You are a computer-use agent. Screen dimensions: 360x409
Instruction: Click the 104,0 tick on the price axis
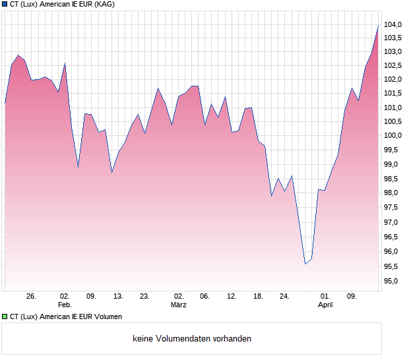pyautogui.click(x=393, y=25)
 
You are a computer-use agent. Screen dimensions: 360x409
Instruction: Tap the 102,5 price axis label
pyautogui.click(x=393, y=65)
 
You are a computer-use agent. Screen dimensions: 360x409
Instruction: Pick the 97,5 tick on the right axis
pyautogui.click(x=393, y=208)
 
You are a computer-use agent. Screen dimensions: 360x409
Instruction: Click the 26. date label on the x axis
pyautogui.click(x=31, y=296)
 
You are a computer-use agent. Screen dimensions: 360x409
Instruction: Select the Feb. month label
pyautogui.click(x=65, y=305)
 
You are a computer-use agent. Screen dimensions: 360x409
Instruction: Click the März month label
pyautogui.click(x=178, y=305)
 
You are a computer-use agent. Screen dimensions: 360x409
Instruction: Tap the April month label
pyautogui.click(x=325, y=305)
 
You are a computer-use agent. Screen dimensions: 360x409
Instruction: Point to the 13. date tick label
pyautogui.click(x=118, y=296)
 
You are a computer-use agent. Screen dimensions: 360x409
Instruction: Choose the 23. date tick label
pyautogui.click(x=144, y=296)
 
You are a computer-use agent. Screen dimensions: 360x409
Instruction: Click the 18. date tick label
pyautogui.click(x=259, y=296)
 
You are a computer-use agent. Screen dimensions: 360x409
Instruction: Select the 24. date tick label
pyautogui.click(x=284, y=296)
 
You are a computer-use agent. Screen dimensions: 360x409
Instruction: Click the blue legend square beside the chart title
pyautogui.click(x=5, y=5)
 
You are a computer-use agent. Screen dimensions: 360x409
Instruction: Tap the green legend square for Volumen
pyautogui.click(x=5, y=317)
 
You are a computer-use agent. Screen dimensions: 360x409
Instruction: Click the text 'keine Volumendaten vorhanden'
pyautogui.click(x=192, y=339)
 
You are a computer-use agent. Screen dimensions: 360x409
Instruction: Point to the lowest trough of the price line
pyautogui.click(x=305, y=264)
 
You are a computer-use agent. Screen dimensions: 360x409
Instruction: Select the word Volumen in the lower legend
pyautogui.click(x=106, y=317)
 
